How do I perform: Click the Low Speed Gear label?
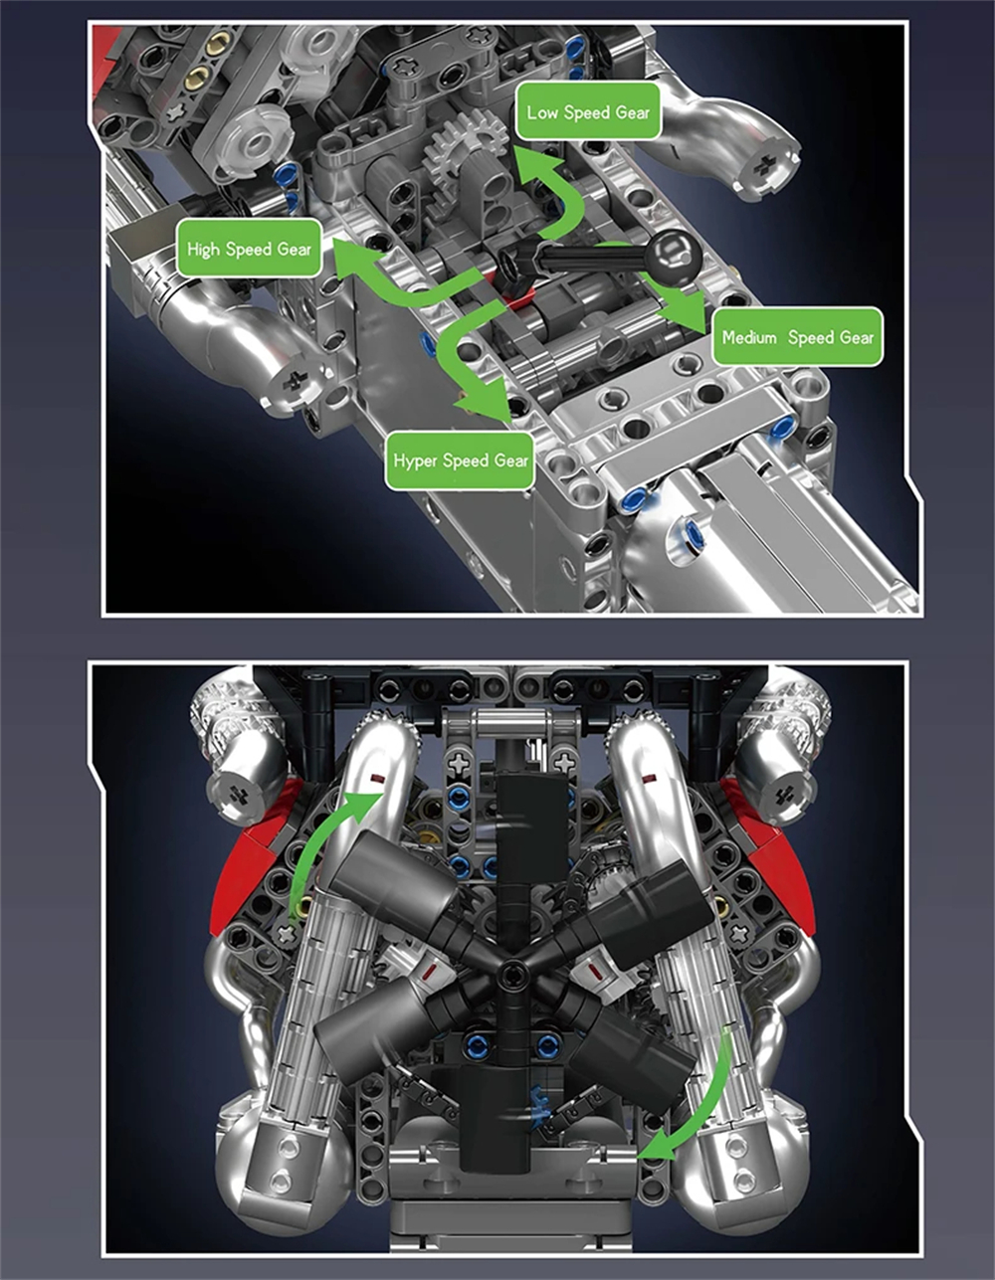(588, 112)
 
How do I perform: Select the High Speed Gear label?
(249, 249)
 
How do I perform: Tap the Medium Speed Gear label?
(798, 337)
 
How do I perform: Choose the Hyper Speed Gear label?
(460, 460)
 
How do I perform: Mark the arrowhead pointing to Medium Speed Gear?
(687, 309)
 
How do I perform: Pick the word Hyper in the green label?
(415, 461)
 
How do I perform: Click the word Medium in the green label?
(749, 337)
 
